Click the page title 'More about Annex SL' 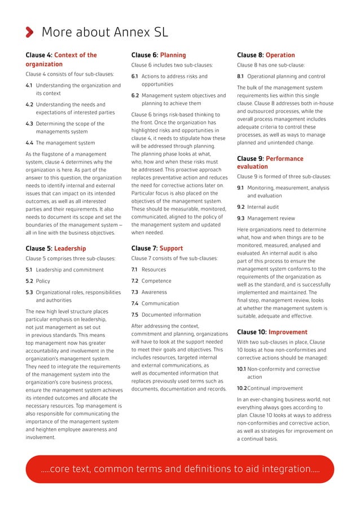(104, 32)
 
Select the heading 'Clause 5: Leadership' (56, 248)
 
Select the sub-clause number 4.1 (29, 86)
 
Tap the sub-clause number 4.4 (29, 143)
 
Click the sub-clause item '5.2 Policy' (38, 280)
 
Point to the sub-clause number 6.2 (135, 95)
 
